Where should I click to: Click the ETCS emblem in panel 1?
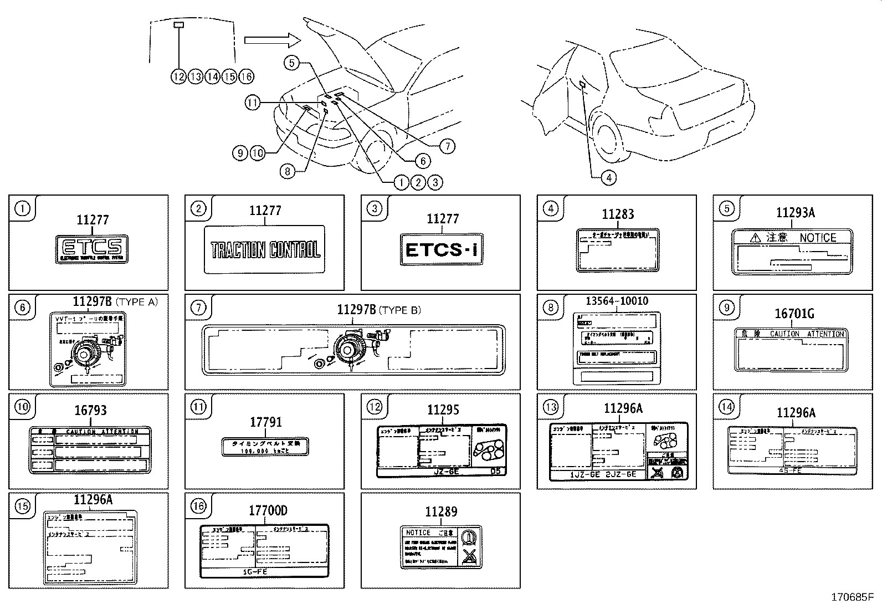pyautogui.click(x=92, y=248)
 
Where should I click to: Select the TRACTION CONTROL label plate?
pyautogui.click(x=265, y=249)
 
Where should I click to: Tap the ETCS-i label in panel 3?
pyautogui.click(x=442, y=250)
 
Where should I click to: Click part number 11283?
pyautogui.click(x=618, y=214)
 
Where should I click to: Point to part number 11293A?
pyautogui.click(x=795, y=213)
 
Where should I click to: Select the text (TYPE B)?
pyautogui.click(x=399, y=310)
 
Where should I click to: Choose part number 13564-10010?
pyautogui.click(x=617, y=301)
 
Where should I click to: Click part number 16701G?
pyautogui.click(x=794, y=314)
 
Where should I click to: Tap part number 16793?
pyautogui.click(x=90, y=411)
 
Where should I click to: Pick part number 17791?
pyautogui.click(x=265, y=422)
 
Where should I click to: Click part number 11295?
pyautogui.click(x=443, y=410)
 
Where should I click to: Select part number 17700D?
pyautogui.click(x=268, y=511)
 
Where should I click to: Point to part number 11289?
pyautogui.click(x=441, y=512)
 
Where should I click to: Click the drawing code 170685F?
pyautogui.click(x=851, y=597)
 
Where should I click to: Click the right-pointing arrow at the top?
pyautogui.click(x=271, y=40)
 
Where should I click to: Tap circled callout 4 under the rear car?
pyautogui.click(x=608, y=177)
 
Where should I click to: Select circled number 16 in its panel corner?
pyautogui.click(x=198, y=506)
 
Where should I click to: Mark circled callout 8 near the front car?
pyautogui.click(x=287, y=171)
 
